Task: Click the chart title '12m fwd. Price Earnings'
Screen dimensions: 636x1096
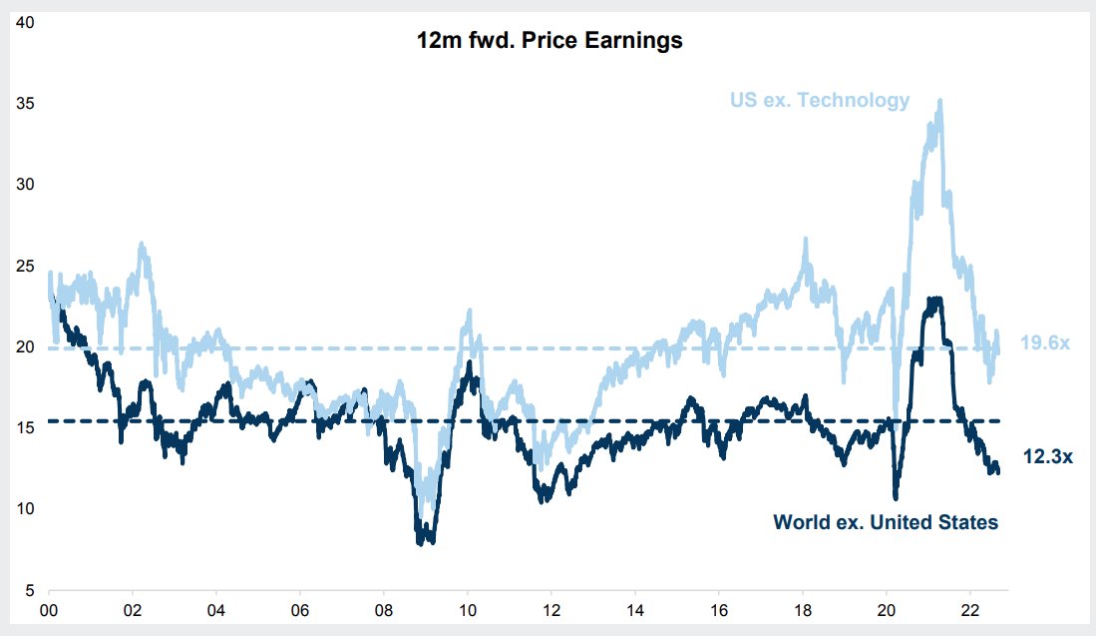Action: (550, 42)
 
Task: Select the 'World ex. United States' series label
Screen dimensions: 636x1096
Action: (886, 521)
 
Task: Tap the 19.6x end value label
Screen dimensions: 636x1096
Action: (1045, 343)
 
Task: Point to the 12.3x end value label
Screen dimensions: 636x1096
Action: (1047, 456)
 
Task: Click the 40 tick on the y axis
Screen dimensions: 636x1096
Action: (28, 22)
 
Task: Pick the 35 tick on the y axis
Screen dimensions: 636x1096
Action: (28, 103)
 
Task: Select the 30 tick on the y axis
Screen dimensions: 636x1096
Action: (28, 185)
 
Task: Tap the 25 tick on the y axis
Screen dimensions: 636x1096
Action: (28, 266)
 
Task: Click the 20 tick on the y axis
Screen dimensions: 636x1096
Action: (28, 346)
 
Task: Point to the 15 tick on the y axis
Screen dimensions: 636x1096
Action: (28, 427)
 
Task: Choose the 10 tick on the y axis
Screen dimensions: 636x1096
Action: (28, 509)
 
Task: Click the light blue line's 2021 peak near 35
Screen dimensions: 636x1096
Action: (939, 100)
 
